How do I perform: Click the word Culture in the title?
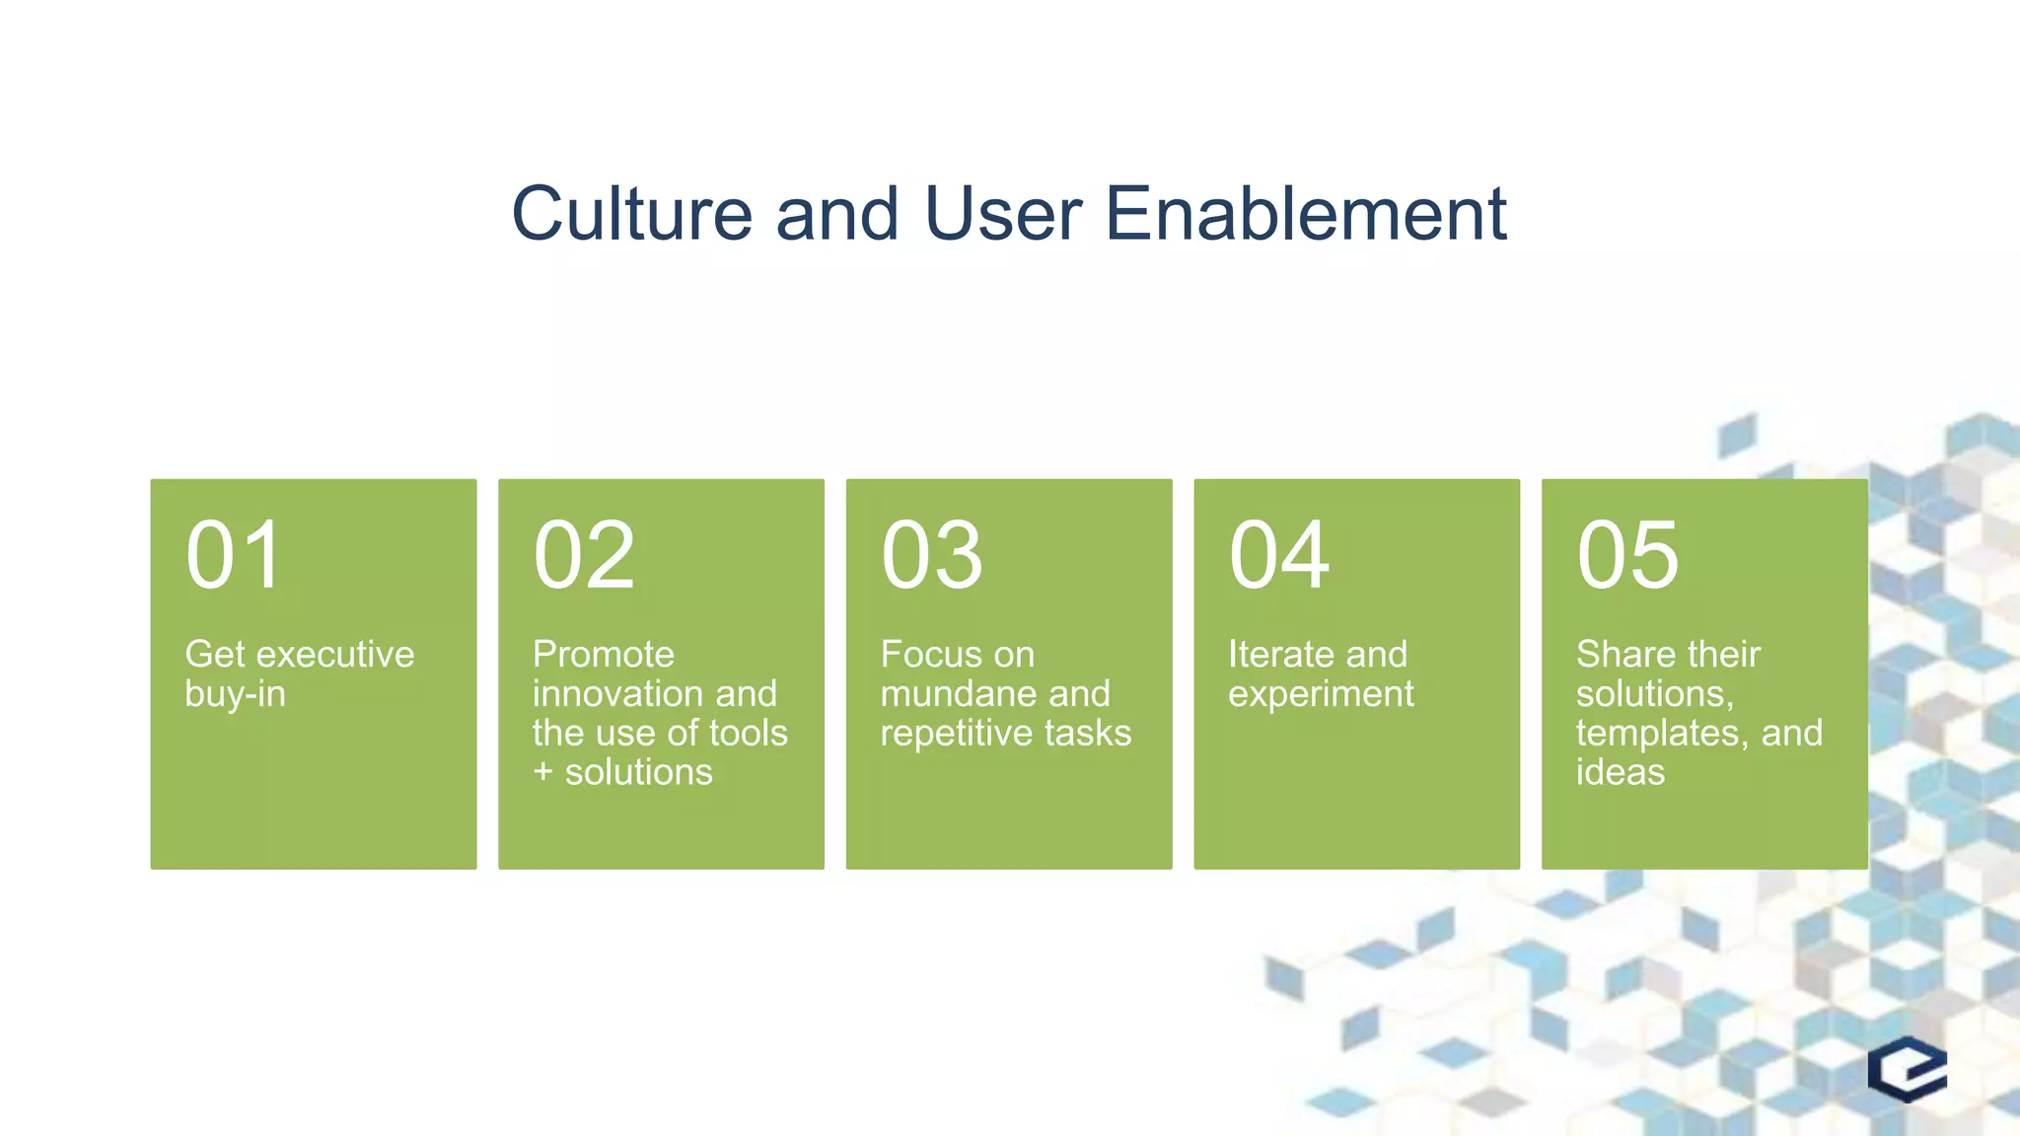[631, 214]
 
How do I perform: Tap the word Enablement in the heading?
[1305, 214]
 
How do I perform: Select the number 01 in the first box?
[235, 556]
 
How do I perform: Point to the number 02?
[584, 556]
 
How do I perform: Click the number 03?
[932, 556]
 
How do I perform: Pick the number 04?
[1279, 556]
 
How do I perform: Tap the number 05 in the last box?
[1627, 556]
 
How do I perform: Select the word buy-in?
[235, 694]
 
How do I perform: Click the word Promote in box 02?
[604, 655]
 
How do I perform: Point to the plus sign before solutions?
[542, 772]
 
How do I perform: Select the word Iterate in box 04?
[1281, 655]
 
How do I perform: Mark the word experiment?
[1321, 695]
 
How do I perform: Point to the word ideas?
[1620, 772]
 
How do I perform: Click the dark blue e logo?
[1907, 1069]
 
